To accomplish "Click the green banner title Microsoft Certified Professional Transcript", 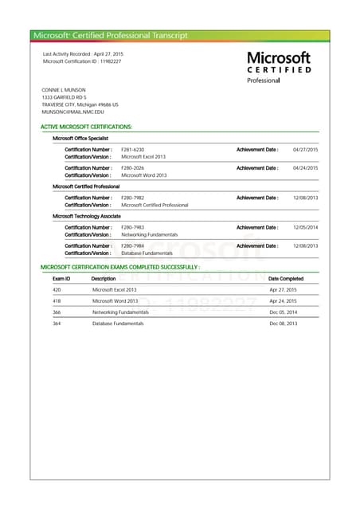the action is pyautogui.click(x=111, y=35).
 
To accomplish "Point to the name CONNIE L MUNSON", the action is pyautogui.click(x=63, y=90).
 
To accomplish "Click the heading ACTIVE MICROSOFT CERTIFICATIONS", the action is pyautogui.click(x=86, y=127).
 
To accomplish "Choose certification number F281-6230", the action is pyautogui.click(x=133, y=150).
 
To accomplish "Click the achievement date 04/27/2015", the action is pyautogui.click(x=306, y=150).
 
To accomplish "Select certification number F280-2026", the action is pyautogui.click(x=133, y=168).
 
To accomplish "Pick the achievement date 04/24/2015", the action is pyautogui.click(x=306, y=168).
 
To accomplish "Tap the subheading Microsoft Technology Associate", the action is pyautogui.click(x=87, y=216).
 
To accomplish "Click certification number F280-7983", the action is pyautogui.click(x=133, y=228).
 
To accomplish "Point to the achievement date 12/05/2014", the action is pyautogui.click(x=306, y=228).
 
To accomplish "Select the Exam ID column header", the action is pyautogui.click(x=61, y=279).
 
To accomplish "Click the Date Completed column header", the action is pyautogui.click(x=286, y=279).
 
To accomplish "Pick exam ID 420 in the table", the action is pyautogui.click(x=57, y=290).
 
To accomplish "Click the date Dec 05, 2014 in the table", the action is pyautogui.click(x=283, y=312).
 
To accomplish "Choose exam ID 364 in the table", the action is pyautogui.click(x=57, y=324).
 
